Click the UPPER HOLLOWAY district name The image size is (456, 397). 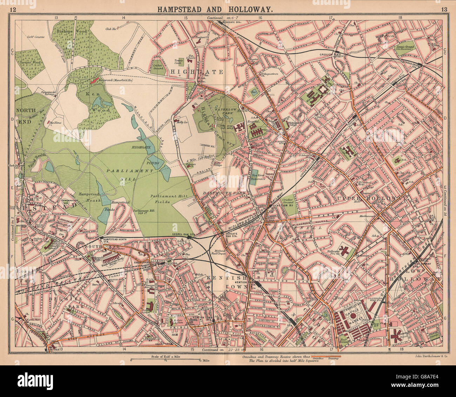click(x=372, y=199)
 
